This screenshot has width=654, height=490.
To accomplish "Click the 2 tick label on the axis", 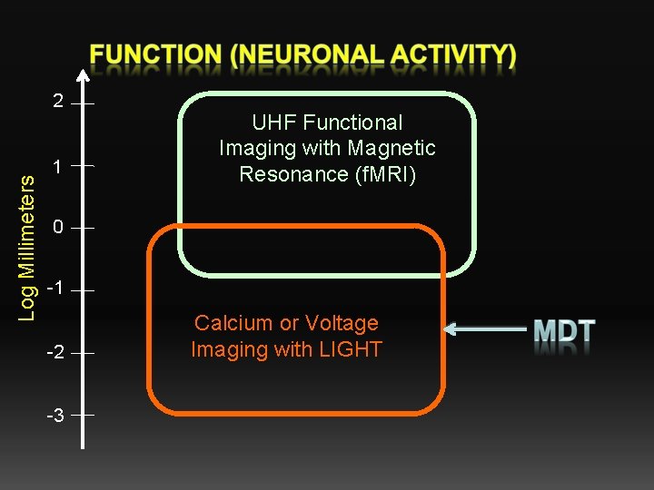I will [58, 101].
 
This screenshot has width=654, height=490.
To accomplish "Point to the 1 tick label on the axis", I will [58, 167].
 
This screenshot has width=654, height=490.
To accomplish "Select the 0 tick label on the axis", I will [58, 228].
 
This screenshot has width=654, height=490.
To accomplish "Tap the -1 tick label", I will [54, 289].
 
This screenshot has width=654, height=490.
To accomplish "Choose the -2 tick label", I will [54, 352].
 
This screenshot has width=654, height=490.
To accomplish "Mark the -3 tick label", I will [54, 416].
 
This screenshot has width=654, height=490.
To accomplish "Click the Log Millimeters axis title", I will [27, 247].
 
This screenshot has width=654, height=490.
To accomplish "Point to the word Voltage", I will [342, 323].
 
